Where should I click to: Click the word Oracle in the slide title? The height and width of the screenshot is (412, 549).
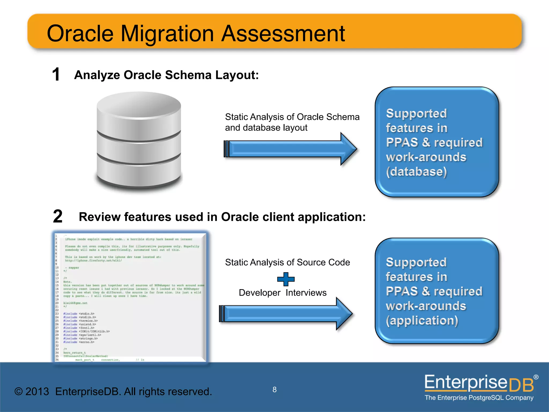pos(80,34)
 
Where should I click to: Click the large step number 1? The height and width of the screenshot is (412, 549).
pos(56,75)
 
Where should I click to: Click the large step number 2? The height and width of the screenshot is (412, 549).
pos(58,216)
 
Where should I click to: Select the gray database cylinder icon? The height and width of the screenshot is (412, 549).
pos(139,139)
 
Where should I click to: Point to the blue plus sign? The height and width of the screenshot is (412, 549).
pos(286,279)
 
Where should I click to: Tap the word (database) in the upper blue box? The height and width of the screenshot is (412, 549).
pos(416,172)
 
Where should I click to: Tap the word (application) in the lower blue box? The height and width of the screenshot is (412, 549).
pos(422,321)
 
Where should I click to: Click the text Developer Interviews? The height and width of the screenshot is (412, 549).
pos(283,293)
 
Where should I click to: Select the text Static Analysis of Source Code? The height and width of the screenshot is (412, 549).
pos(287,262)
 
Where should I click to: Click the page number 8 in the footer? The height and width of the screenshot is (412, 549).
pos(274,390)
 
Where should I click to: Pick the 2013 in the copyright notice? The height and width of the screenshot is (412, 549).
pos(37,392)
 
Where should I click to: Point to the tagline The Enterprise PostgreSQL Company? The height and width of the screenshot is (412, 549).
pos(479,398)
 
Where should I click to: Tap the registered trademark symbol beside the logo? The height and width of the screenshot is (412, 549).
pos(536,377)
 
